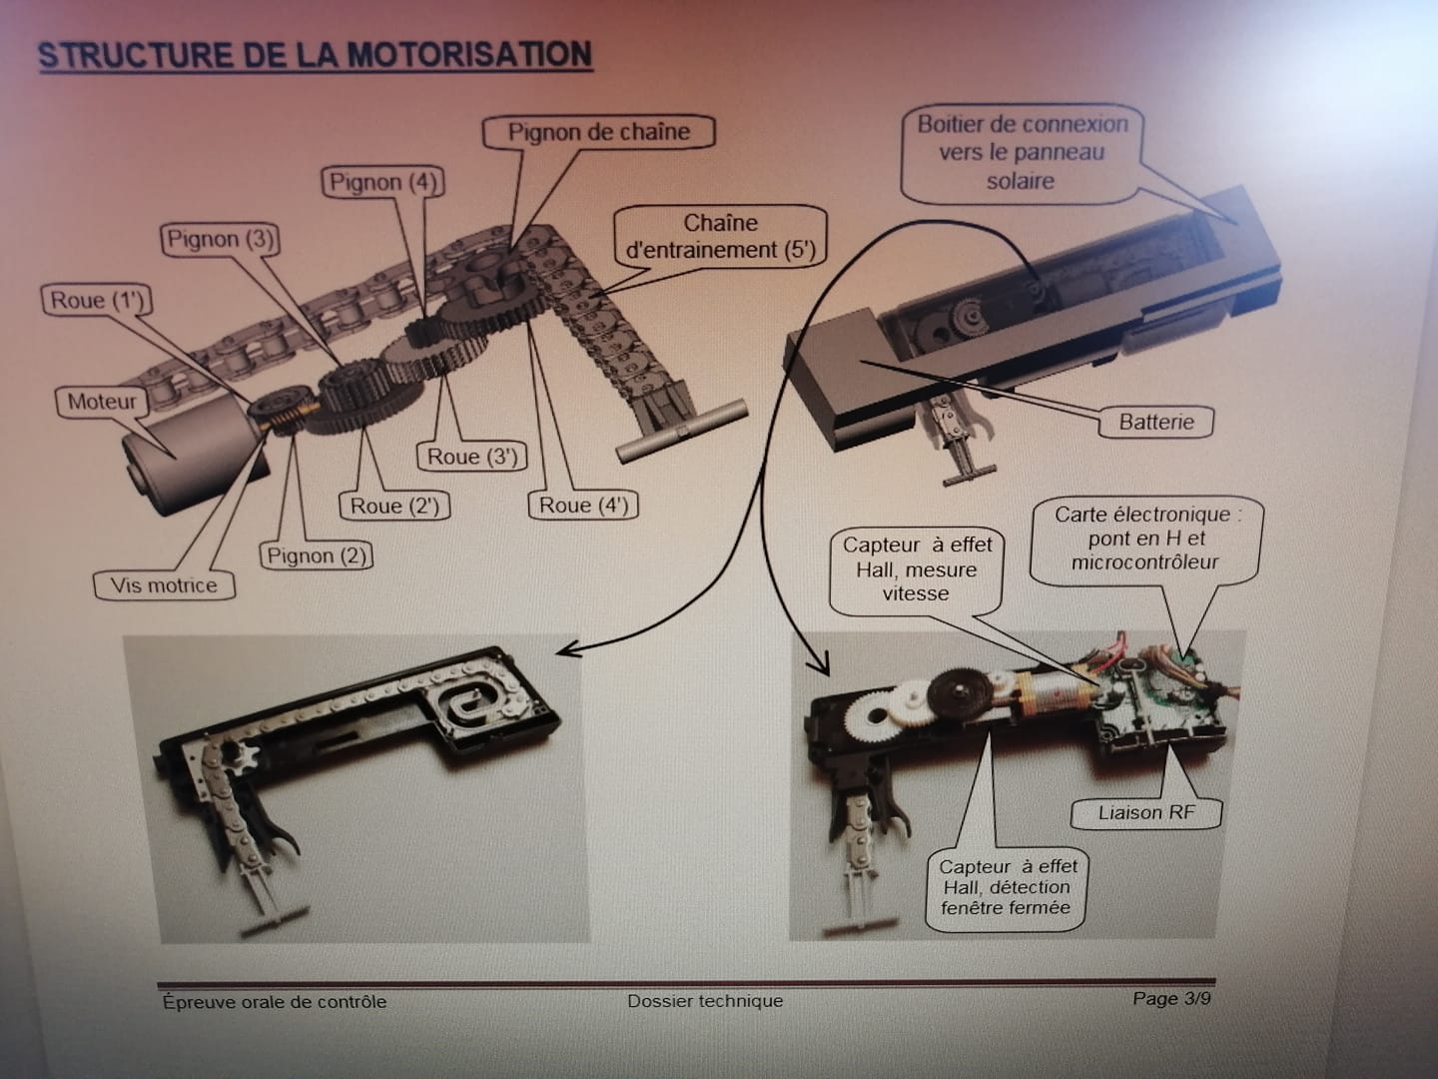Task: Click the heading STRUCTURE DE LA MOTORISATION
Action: (x=316, y=55)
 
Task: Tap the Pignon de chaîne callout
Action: (x=599, y=132)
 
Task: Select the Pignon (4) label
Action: (x=382, y=182)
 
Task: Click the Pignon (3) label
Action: (x=220, y=239)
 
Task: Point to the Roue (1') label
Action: (x=97, y=301)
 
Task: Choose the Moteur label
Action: (x=102, y=402)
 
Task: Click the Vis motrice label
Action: (x=164, y=585)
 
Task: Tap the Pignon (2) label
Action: (x=317, y=555)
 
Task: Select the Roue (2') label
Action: (x=394, y=506)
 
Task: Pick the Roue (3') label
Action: (x=471, y=457)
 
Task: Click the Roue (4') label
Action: (x=583, y=506)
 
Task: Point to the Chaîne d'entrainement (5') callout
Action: (x=721, y=237)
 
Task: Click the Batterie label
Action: (x=1156, y=422)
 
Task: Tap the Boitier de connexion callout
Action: (x=1022, y=154)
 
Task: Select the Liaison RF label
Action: (x=1146, y=813)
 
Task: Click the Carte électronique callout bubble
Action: (x=1146, y=539)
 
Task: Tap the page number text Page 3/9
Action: (x=1171, y=999)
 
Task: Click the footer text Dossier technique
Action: (x=705, y=1001)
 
